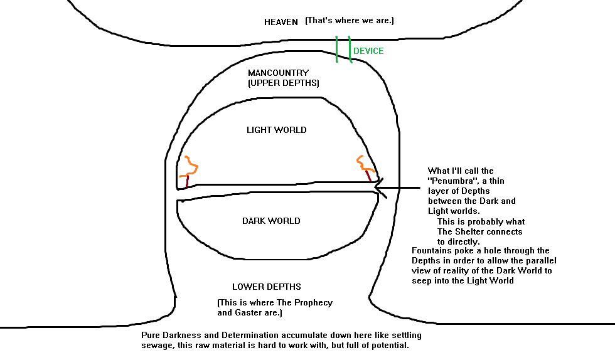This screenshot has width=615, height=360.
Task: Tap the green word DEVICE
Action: pos(368,51)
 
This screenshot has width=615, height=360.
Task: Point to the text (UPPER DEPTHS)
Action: pos(284,83)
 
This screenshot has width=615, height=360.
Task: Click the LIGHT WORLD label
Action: pos(276,130)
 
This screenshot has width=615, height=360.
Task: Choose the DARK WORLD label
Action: pos(271,221)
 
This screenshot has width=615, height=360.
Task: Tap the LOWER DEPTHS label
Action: pos(267,287)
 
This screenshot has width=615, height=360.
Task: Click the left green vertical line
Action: pos(336,49)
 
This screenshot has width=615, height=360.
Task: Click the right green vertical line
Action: pos(350,50)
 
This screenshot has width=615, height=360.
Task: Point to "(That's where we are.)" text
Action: pos(350,21)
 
